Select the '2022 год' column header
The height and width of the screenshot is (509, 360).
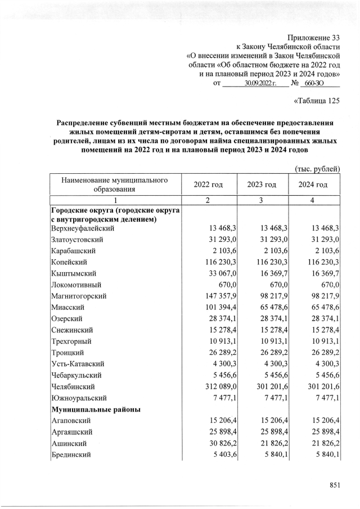(x=208, y=185)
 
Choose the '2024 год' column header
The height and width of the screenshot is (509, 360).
(x=313, y=185)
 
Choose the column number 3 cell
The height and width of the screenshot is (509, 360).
(x=261, y=201)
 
